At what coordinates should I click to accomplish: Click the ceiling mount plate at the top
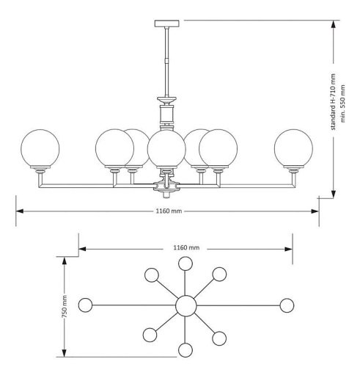[166, 23]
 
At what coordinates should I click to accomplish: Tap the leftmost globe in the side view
[40, 148]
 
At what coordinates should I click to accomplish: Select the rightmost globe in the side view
[293, 148]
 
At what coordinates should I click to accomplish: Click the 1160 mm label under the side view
[169, 211]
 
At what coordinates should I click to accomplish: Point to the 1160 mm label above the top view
[186, 247]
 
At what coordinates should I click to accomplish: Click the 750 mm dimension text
[65, 307]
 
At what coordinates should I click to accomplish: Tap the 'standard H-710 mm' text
[333, 102]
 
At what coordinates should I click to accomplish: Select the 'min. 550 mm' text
[342, 103]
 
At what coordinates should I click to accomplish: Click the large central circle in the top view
[186, 305]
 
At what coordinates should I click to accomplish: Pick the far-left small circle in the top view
[85, 305]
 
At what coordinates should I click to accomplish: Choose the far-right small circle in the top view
[287, 305]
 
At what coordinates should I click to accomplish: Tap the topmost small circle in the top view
[185, 264]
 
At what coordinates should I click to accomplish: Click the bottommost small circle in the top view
[185, 350]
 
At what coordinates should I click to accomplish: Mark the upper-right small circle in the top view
[219, 274]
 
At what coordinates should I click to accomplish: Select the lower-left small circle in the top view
[150, 335]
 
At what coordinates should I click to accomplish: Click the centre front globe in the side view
[166, 148]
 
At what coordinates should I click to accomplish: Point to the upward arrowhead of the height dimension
[333, 25]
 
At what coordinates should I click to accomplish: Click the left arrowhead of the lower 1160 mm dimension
[20, 211]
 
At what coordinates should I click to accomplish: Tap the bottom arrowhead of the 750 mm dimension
[65, 352]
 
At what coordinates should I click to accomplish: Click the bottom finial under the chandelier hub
[166, 195]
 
